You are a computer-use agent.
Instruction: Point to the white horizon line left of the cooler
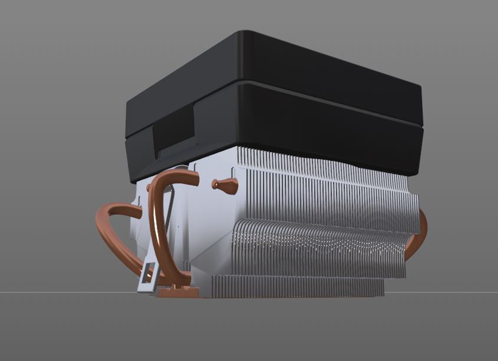pos(67,292)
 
